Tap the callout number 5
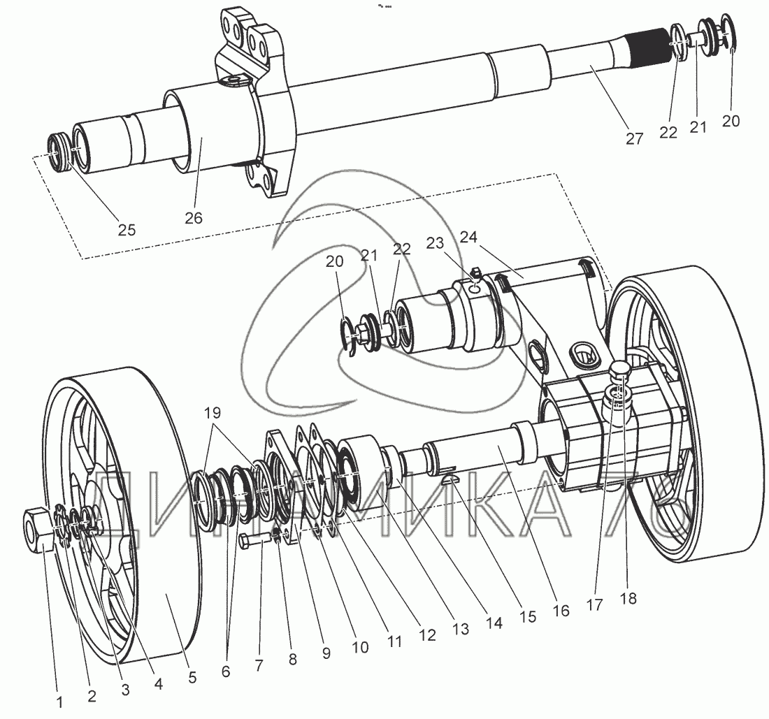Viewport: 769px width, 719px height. [x=192, y=677]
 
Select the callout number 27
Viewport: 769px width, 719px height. [x=634, y=138]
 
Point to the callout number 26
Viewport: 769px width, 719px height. [x=194, y=218]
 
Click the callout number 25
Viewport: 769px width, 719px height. [x=127, y=230]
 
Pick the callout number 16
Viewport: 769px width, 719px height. [x=561, y=610]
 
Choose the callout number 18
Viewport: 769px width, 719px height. [x=628, y=599]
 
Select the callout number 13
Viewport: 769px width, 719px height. [x=459, y=629]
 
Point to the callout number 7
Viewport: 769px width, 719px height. [x=259, y=664]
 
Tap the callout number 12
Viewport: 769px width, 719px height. [x=427, y=635]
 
